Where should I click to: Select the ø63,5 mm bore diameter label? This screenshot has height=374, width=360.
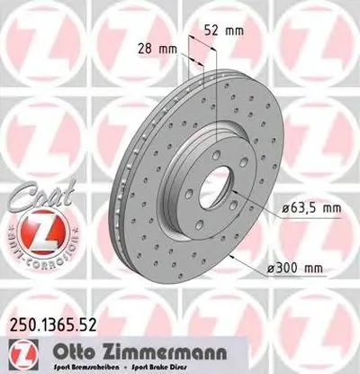tap(309, 209)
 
